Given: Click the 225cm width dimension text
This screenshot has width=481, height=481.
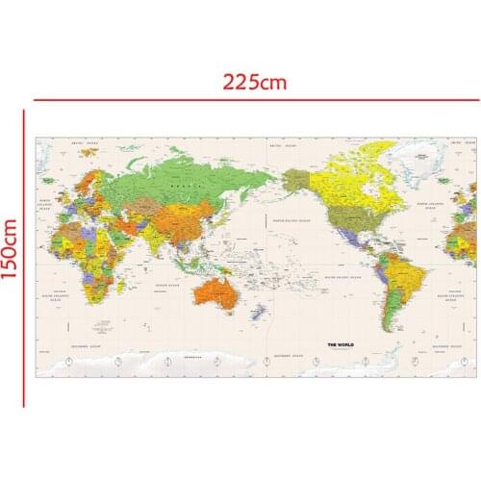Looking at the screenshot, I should [x=254, y=82].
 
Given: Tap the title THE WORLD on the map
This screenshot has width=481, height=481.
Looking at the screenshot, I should [x=342, y=343].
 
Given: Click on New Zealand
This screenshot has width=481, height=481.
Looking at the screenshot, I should [x=257, y=312].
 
